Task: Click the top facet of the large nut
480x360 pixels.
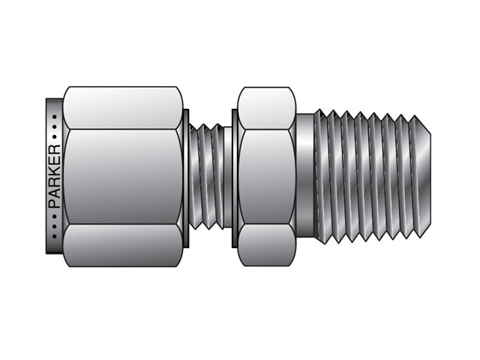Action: [x=124, y=106]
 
